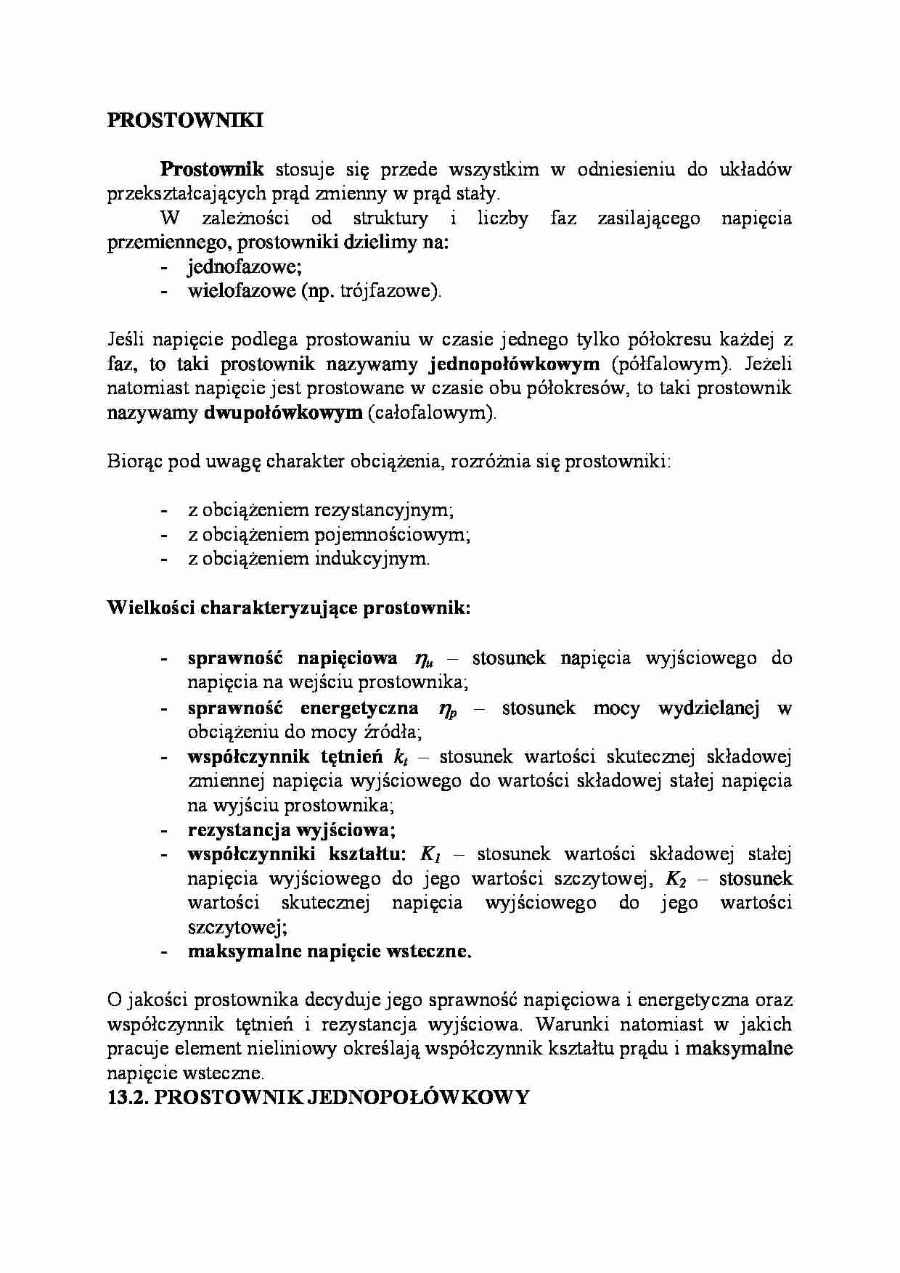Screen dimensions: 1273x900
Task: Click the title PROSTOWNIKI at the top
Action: pyautogui.click(x=185, y=120)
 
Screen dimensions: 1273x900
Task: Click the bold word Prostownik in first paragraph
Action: pyautogui.click(x=212, y=169)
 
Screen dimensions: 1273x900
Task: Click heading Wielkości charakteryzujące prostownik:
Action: pyautogui.click(x=289, y=607)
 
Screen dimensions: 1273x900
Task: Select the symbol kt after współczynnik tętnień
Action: pyautogui.click(x=400, y=757)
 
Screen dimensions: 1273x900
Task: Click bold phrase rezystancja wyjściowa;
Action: pyautogui.click(x=291, y=830)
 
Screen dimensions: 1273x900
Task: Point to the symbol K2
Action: pyautogui.click(x=675, y=879)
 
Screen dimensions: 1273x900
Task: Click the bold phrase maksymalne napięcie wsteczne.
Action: pyautogui.click(x=329, y=951)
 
